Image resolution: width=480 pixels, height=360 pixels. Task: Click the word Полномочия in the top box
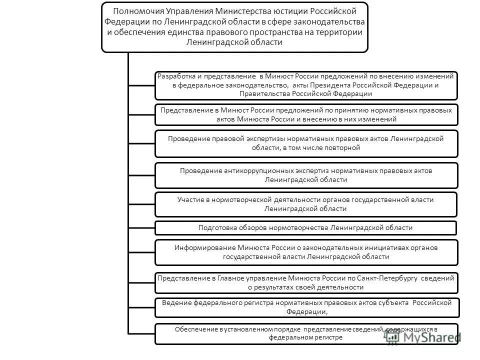tap(133, 10)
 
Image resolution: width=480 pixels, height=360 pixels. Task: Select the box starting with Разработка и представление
tap(306, 85)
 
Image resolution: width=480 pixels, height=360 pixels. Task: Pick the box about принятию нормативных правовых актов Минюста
tap(306, 114)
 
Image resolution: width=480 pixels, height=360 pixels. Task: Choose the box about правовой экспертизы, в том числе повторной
tap(306, 143)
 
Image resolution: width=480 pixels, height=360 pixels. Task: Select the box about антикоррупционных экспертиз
tap(306, 175)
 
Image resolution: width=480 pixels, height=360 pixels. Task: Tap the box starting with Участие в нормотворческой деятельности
tap(306, 204)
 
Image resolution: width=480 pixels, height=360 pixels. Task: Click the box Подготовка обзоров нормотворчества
tap(306, 228)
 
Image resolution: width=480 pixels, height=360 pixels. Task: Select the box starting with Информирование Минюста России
tap(306, 252)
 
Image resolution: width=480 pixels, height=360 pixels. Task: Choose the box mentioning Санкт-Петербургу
tap(306, 282)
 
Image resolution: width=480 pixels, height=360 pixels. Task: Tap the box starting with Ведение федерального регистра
tap(306, 307)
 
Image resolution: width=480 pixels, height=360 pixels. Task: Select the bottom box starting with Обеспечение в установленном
tap(306, 333)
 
